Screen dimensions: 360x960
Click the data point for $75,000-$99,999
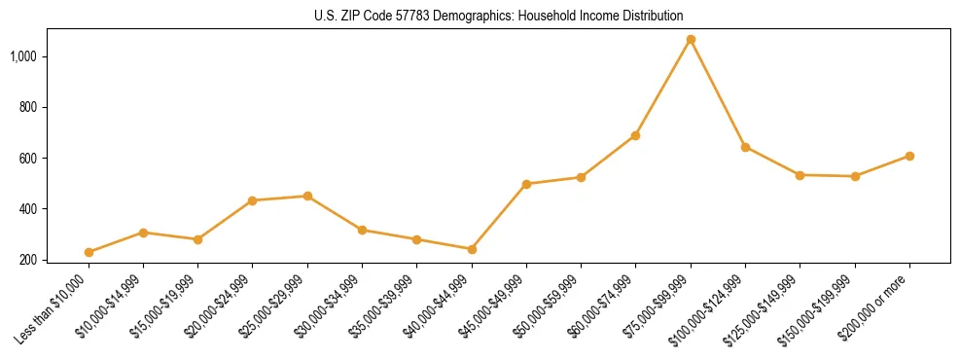click(x=691, y=40)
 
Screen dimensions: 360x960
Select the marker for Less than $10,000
click(x=89, y=252)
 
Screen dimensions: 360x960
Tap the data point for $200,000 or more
click(x=909, y=156)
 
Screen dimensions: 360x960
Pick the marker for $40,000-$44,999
click(x=472, y=249)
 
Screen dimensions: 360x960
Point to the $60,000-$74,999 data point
click(x=635, y=135)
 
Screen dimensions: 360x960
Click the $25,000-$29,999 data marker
click(x=307, y=196)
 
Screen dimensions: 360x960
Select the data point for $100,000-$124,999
click(x=745, y=147)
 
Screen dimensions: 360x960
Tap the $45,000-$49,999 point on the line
click(x=526, y=184)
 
